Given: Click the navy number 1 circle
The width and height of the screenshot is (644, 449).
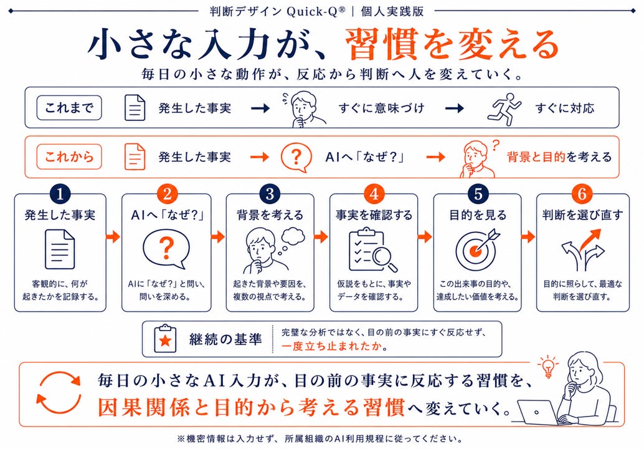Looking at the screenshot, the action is click(60, 194).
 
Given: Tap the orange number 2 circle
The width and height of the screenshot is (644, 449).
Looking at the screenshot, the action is click(167, 194).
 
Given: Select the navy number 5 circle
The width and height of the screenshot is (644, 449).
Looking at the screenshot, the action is click(478, 194).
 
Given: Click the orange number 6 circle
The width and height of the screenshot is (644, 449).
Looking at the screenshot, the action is click(582, 194).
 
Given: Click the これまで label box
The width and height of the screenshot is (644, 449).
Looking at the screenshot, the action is click(69, 108).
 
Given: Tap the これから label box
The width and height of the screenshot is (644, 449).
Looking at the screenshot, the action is click(69, 157).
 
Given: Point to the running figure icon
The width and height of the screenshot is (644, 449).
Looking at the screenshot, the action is click(504, 109).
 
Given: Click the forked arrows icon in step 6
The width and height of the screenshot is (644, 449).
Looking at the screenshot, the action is click(582, 250).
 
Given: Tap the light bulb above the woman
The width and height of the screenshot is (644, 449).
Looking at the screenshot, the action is click(548, 365).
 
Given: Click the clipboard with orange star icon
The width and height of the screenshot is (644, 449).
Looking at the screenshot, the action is click(165, 339).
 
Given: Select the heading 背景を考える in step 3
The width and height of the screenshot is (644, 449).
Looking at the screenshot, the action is click(270, 215).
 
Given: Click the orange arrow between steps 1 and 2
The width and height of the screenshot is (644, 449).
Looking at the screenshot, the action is click(113, 236).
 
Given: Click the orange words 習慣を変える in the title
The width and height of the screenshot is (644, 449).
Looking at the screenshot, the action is click(452, 44).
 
